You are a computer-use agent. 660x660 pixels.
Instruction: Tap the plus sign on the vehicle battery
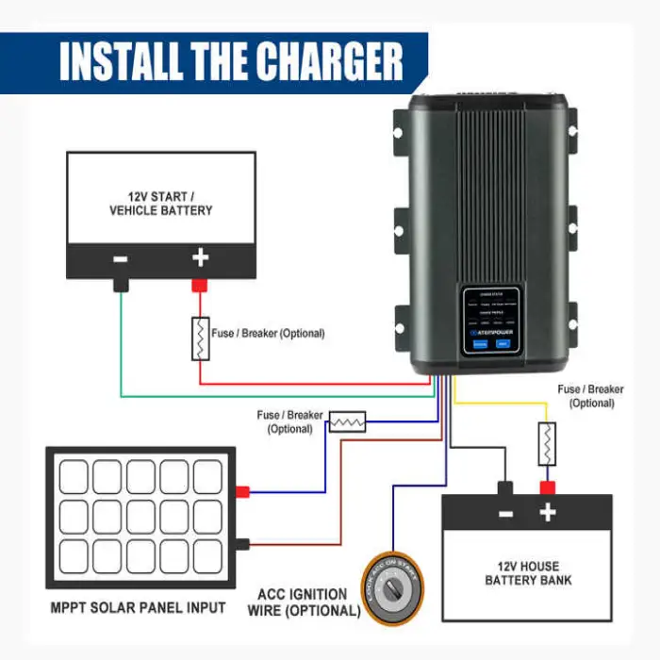pos(200,257)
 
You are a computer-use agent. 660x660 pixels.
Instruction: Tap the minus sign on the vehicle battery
pos(121,257)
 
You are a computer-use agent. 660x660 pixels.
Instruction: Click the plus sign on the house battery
pos(547,513)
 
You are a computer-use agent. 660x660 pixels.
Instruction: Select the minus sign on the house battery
pos(505,514)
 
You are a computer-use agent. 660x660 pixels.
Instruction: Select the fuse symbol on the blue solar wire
pos(346,421)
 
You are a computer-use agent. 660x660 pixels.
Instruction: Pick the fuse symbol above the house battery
pos(547,443)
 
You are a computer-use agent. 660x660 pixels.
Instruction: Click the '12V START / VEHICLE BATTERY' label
pos(159,203)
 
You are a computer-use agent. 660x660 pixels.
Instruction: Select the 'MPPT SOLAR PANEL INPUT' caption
pos(139,607)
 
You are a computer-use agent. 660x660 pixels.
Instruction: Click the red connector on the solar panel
pos(242,491)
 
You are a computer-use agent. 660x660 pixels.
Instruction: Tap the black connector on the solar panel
pos(242,543)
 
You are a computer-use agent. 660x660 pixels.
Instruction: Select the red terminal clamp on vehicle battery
pos(200,283)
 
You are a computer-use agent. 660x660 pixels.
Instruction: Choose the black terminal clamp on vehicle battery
pos(121,283)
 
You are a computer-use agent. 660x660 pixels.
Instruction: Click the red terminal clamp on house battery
pos(546,487)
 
